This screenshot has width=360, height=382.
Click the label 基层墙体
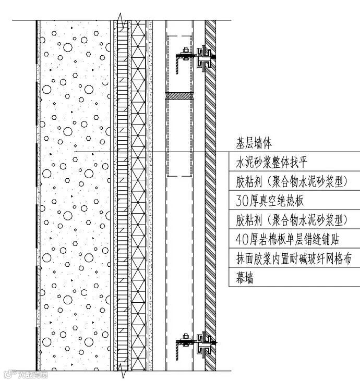click(x=254, y=142)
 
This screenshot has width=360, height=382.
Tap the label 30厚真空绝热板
click(x=270, y=200)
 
